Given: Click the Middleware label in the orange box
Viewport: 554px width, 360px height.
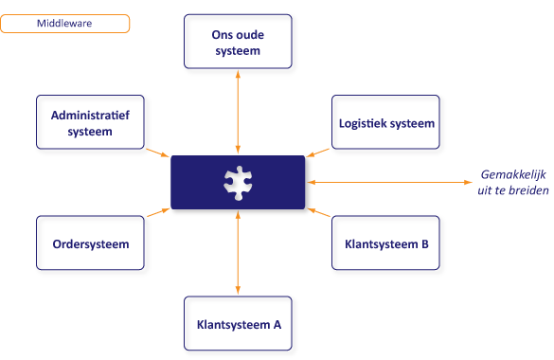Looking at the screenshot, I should coord(64,24).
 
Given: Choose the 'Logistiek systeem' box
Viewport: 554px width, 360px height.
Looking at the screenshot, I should coord(387,123).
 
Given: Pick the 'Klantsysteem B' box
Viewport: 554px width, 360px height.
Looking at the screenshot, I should coord(386,243).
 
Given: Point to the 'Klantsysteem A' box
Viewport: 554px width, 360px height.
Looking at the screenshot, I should coord(238,324).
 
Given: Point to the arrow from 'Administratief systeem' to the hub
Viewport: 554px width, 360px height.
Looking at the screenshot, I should coord(157,152).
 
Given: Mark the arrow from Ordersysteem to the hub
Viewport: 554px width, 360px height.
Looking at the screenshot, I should coord(157,214).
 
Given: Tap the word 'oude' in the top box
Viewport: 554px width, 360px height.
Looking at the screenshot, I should coord(244,35).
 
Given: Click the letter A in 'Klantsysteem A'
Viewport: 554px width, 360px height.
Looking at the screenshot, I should coord(277,324).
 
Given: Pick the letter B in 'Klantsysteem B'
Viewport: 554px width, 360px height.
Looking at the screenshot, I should coord(424,243).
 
